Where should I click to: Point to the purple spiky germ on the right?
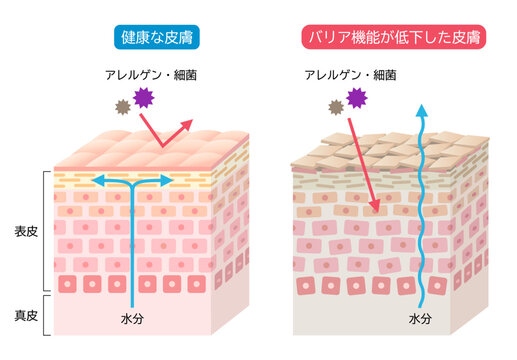(x=355, y=98)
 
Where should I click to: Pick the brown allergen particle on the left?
(x=122, y=105)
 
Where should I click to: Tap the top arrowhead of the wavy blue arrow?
(x=421, y=107)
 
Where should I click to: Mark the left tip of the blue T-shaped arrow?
(x=96, y=181)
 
